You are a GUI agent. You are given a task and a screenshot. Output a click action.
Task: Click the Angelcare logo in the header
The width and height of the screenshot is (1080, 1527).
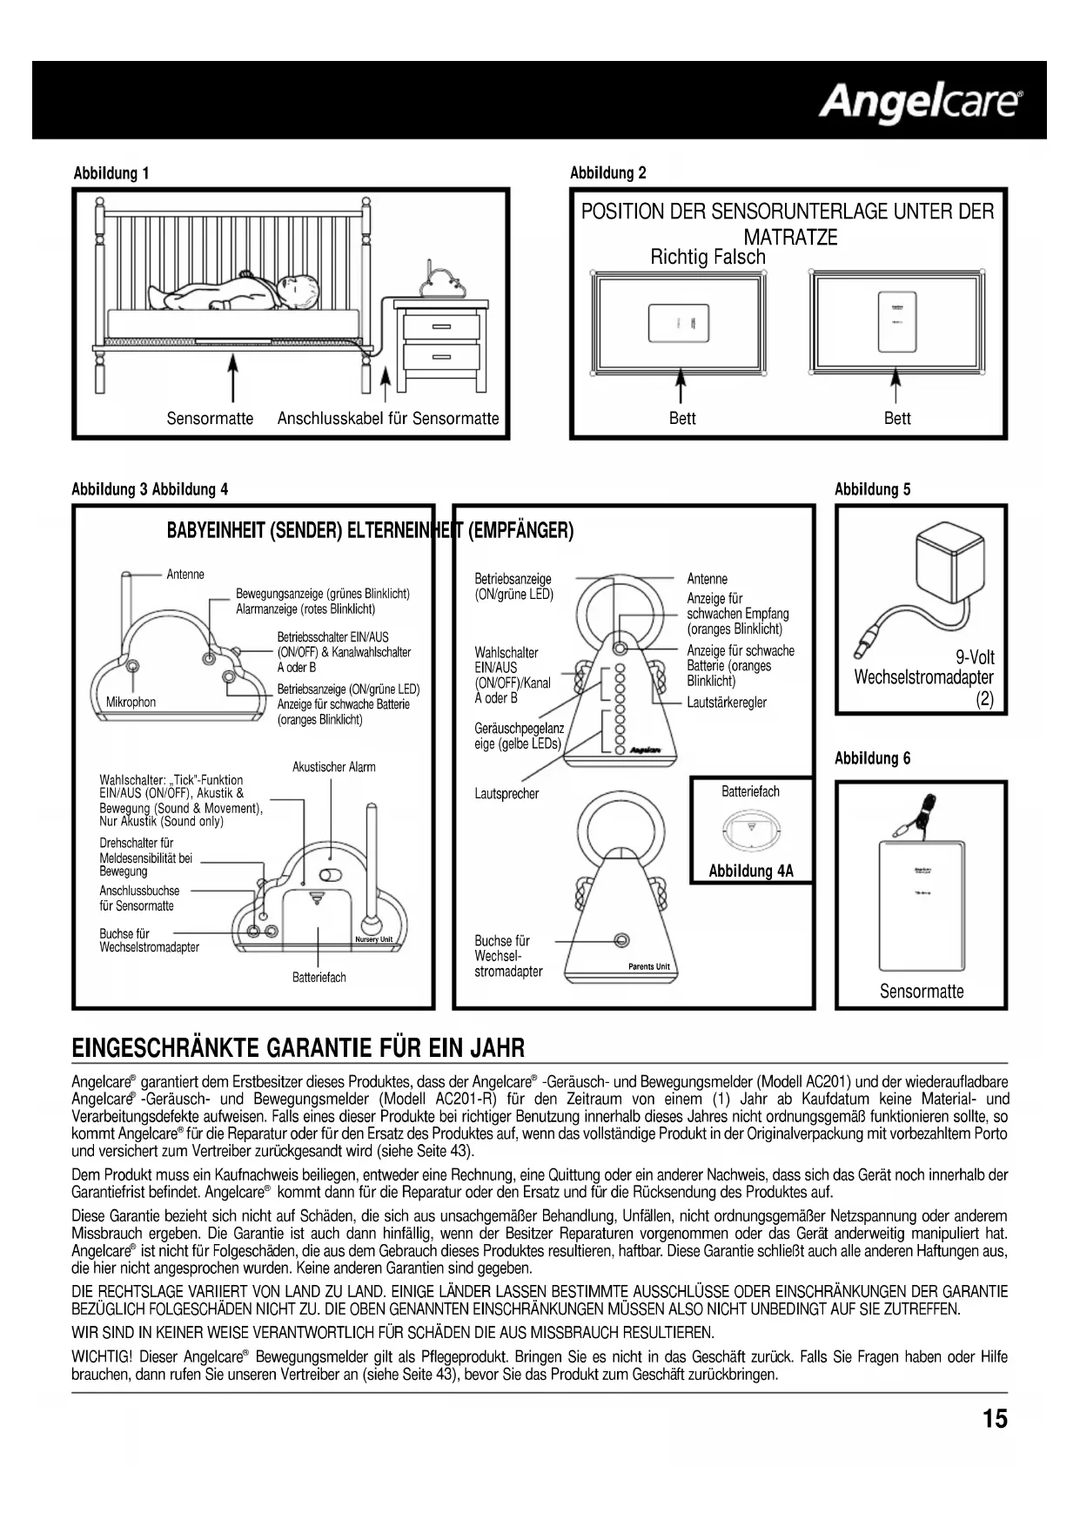pyautogui.click(x=921, y=102)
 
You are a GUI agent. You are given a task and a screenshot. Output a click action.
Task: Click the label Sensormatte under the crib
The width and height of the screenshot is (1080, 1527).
pyautogui.click(x=210, y=419)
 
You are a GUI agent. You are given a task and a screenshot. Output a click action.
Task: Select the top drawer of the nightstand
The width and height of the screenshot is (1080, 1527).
pyautogui.click(x=441, y=326)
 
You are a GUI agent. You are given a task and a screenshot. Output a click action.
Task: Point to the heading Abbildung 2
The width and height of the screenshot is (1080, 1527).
pyautogui.click(x=607, y=172)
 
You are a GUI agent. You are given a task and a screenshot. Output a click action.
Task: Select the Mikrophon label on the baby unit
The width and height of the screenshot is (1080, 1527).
pyautogui.click(x=131, y=703)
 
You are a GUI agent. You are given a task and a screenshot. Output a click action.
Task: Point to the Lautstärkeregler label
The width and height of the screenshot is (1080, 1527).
pyautogui.click(x=727, y=703)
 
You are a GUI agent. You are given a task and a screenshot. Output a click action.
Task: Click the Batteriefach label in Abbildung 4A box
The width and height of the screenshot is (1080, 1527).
pyautogui.click(x=750, y=791)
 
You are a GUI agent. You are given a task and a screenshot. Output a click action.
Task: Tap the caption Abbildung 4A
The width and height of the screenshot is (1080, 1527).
pyautogui.click(x=750, y=871)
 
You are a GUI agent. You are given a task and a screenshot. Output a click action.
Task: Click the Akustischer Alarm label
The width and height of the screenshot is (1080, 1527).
pyautogui.click(x=334, y=767)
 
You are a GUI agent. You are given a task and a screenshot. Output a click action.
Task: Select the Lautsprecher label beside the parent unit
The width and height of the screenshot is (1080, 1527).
pyautogui.click(x=506, y=794)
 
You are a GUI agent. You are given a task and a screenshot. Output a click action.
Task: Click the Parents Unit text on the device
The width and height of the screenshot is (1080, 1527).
pyautogui.click(x=648, y=966)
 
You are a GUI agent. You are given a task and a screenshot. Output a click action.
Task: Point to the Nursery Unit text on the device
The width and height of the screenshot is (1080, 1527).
pyautogui.click(x=374, y=939)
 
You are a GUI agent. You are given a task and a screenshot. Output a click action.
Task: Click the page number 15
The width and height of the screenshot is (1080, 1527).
pyautogui.click(x=995, y=1420)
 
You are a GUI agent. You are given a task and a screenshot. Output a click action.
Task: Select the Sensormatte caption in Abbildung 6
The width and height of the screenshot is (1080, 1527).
pyautogui.click(x=922, y=992)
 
